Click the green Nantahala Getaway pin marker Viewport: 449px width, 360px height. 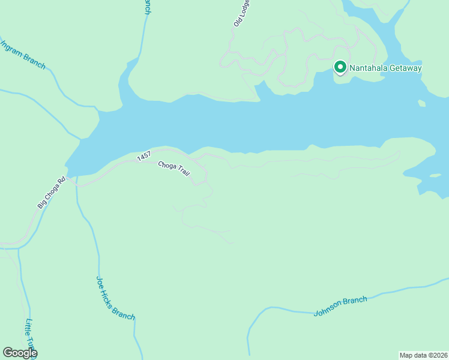[x=340, y=67]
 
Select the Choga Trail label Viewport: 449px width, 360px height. [x=174, y=169]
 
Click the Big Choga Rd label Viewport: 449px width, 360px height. [x=51, y=193]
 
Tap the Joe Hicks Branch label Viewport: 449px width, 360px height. [x=115, y=298]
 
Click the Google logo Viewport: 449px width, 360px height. [x=19, y=353]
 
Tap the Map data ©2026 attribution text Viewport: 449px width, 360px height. [x=423, y=355]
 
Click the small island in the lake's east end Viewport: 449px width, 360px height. [x=422, y=103]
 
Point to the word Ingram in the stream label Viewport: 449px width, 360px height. [x=13, y=50]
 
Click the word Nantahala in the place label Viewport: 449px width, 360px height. [x=370, y=68]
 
